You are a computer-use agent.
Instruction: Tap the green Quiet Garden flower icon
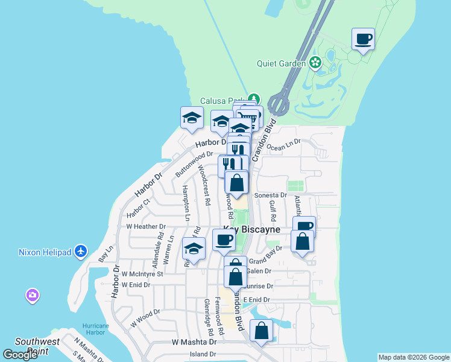point(315,62)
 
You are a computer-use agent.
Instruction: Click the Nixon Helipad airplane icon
point(82,251)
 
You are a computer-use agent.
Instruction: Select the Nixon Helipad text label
point(45,252)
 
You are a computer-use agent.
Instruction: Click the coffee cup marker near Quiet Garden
point(363,40)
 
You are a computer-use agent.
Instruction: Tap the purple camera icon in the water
point(33,296)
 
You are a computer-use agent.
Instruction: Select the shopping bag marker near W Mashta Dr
point(261,331)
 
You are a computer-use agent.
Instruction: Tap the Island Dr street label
point(202,354)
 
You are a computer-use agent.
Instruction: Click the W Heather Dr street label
point(145,227)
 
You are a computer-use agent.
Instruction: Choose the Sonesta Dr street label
point(271,195)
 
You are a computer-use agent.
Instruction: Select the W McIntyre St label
point(142,273)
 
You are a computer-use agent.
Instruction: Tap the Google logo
point(20,355)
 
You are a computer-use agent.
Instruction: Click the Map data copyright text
point(413,357)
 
